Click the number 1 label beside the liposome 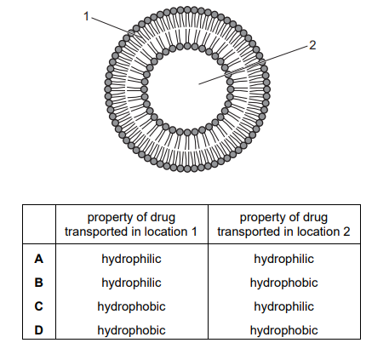point(87,16)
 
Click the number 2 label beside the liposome point(312,45)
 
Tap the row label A point(39,259)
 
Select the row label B point(39,283)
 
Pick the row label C point(39,306)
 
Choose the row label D point(39,330)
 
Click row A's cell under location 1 point(131,260)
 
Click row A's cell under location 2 point(283,260)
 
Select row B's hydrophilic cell point(131,283)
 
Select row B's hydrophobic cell point(283,283)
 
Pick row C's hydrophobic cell point(131,307)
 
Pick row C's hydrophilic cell point(283,307)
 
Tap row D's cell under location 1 point(131,331)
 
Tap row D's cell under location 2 point(283,331)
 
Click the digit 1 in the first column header point(194,231)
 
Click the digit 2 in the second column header point(346,231)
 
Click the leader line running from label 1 point(116,27)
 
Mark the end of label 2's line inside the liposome point(199,84)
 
